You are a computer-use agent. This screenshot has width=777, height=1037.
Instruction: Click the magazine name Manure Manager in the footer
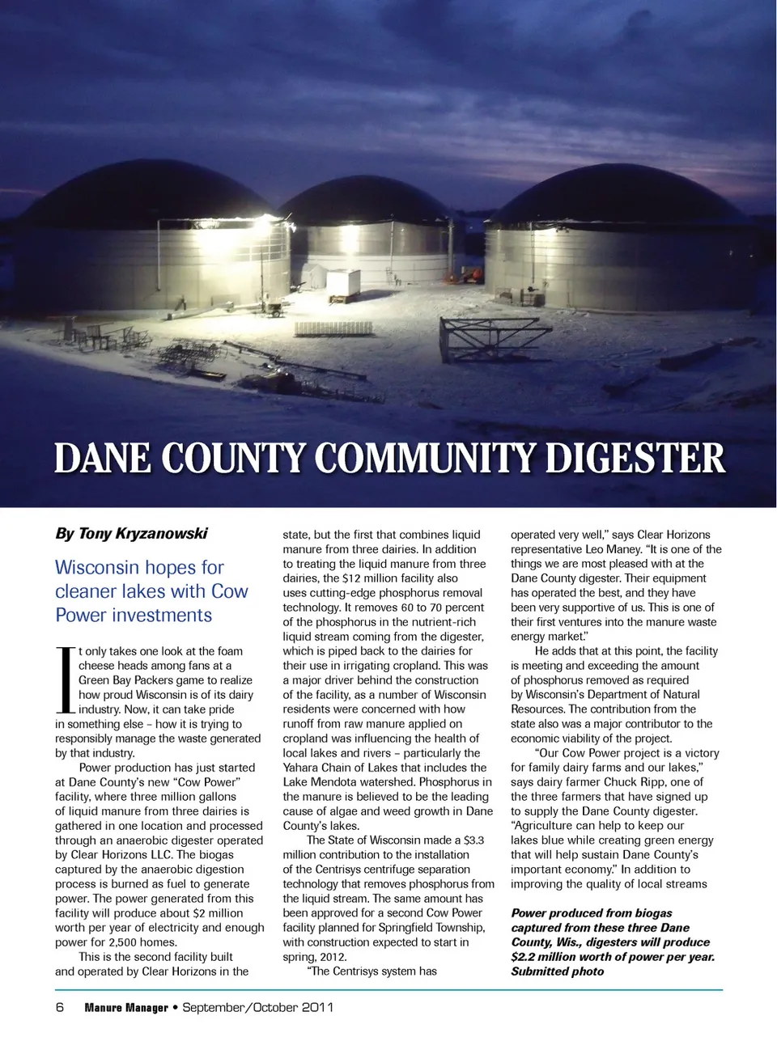[126, 1008]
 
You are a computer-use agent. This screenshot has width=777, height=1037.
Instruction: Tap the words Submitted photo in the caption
[557, 971]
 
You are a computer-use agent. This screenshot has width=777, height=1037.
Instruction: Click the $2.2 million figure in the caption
[552, 957]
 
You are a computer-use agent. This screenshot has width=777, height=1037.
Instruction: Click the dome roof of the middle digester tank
[368, 202]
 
